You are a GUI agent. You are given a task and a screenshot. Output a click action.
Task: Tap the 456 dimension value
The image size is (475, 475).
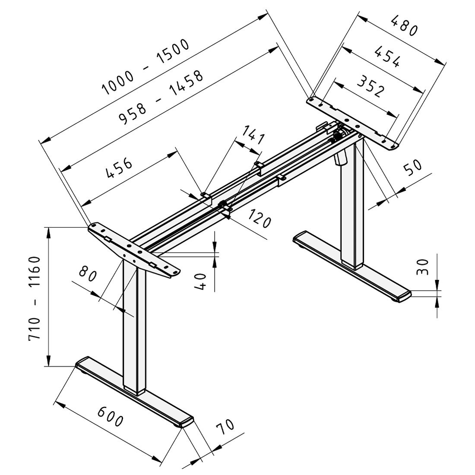(120, 168)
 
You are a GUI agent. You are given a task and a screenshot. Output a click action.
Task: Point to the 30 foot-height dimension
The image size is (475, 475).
(423, 267)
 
